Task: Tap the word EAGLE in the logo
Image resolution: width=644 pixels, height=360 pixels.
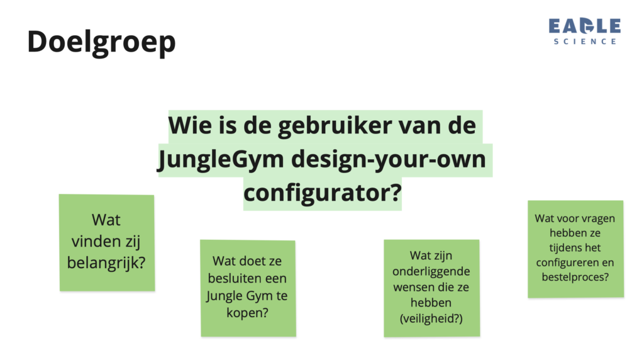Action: pos(584,26)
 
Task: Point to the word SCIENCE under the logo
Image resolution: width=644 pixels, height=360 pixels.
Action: pos(585,42)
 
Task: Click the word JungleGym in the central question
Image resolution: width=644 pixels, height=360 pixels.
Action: pos(221,160)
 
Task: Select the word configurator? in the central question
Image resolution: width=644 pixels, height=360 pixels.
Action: pos(323,193)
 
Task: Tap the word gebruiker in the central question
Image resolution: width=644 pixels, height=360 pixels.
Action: pos(335,125)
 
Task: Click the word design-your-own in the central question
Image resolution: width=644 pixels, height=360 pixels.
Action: pos(389,160)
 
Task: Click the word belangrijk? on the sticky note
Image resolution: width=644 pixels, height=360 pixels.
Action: pos(106,263)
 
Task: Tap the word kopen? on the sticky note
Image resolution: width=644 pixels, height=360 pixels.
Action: pos(247,313)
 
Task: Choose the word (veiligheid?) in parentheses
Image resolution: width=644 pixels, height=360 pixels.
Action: pos(431,318)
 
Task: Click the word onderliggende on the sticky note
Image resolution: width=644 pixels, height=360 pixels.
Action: pos(431,271)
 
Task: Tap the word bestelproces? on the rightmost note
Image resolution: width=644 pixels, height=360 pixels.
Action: pos(575,278)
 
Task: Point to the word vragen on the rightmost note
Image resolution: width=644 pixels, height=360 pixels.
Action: pos(598,219)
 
